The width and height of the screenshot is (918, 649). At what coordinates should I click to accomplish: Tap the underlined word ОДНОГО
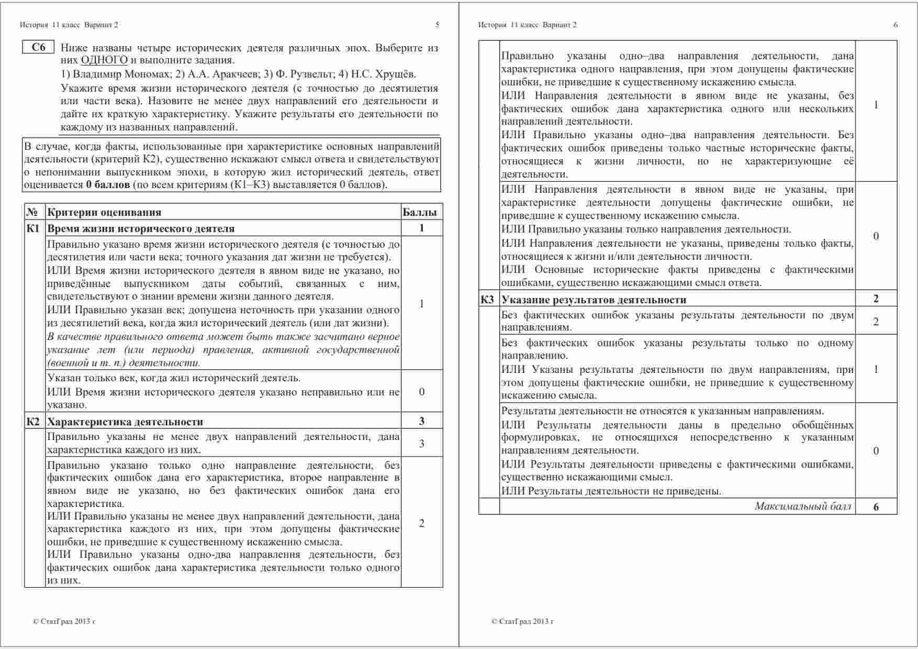[104, 60]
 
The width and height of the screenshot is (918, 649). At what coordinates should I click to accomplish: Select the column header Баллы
[419, 212]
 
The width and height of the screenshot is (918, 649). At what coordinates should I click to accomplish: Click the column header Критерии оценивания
[104, 212]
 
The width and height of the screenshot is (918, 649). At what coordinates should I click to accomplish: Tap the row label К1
[33, 228]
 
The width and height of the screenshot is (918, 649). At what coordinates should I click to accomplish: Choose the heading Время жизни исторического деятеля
[141, 228]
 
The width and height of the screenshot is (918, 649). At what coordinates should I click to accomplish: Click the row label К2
[33, 422]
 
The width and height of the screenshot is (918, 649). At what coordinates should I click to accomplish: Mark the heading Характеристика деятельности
[125, 422]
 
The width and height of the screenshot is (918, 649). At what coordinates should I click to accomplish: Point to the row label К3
[487, 300]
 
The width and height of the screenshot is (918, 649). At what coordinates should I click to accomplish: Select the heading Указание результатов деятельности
[594, 300]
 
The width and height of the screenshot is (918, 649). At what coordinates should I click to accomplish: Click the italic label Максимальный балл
[803, 506]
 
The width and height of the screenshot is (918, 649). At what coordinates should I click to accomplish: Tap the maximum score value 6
[876, 507]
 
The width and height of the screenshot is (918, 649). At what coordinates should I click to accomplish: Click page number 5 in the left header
[438, 25]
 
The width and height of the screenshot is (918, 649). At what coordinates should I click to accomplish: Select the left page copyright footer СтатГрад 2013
[64, 622]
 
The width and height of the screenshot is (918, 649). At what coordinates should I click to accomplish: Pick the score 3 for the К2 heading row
[422, 421]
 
